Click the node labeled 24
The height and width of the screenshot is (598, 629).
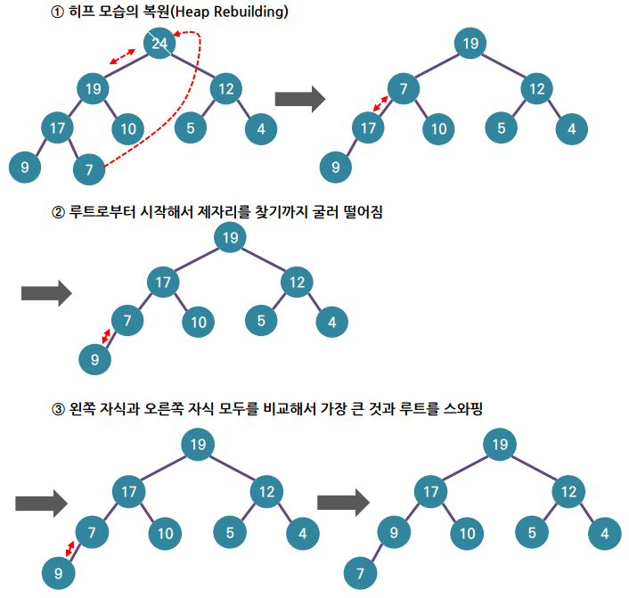point(159,43)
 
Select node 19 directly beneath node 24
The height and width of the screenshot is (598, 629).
point(93,88)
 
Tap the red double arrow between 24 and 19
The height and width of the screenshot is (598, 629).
point(123,57)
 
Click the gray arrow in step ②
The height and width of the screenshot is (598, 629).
point(45,292)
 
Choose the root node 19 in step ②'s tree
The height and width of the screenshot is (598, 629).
point(231,236)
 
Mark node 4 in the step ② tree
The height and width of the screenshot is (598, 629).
point(331,322)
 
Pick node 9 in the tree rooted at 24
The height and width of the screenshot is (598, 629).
point(24,165)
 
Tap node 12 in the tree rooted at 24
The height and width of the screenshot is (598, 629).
point(226,88)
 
